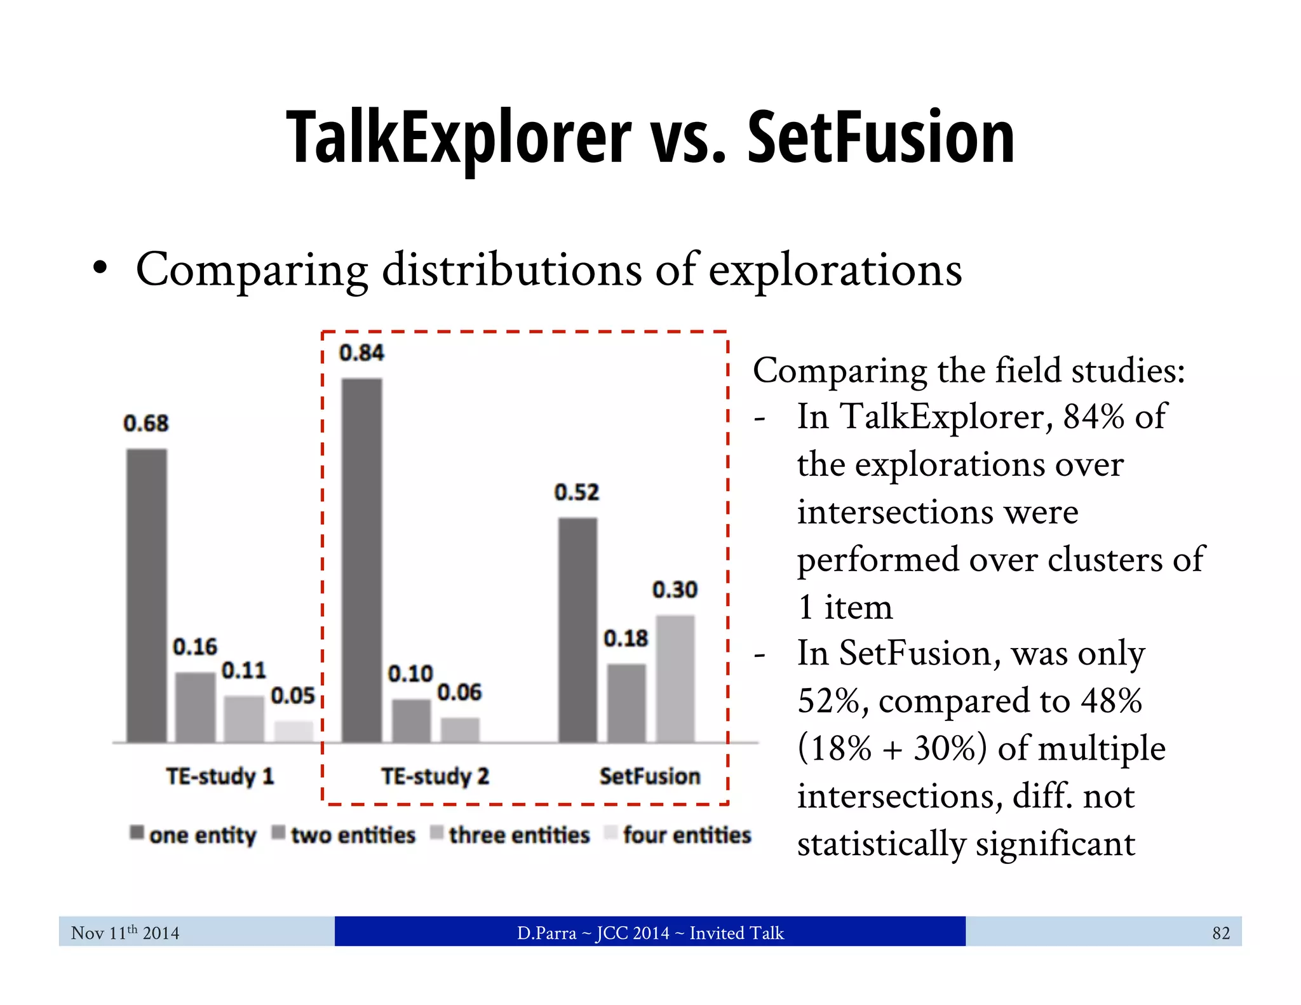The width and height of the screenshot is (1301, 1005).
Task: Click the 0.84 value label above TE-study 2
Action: (x=361, y=353)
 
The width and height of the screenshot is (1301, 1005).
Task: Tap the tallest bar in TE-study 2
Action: (x=361, y=560)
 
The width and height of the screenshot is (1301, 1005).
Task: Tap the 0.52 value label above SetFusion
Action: (x=577, y=492)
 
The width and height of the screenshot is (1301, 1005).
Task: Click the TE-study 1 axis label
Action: (x=220, y=776)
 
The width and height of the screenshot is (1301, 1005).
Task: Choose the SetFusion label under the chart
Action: (x=650, y=776)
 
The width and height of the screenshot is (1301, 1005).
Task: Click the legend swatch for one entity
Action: (x=137, y=832)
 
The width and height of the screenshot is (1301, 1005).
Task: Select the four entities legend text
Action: (x=687, y=835)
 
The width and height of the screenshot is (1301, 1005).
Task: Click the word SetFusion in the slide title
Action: (x=880, y=138)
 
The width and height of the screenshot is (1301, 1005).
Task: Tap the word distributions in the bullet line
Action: (x=511, y=269)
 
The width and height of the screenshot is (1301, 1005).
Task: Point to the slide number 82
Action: (x=1220, y=933)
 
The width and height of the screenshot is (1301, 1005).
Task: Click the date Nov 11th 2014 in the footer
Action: (x=125, y=933)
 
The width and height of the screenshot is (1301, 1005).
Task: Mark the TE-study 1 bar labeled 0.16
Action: (x=195, y=706)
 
